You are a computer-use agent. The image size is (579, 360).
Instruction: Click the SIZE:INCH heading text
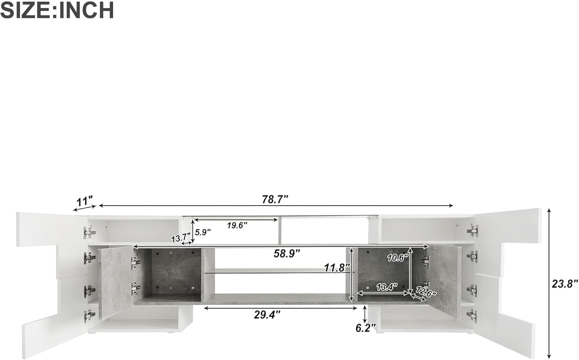(57, 10)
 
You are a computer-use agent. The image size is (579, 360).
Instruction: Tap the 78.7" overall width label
(275, 199)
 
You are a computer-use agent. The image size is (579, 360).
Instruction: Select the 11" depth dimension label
(84, 201)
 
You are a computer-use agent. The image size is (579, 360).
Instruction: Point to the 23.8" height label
(564, 284)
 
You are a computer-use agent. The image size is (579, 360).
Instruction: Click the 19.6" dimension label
(237, 226)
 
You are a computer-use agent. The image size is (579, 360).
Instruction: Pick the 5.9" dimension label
(203, 232)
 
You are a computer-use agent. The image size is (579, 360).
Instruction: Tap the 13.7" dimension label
(181, 238)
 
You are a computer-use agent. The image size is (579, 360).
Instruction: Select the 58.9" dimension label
(287, 254)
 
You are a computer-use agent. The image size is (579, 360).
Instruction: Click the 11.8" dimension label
(337, 268)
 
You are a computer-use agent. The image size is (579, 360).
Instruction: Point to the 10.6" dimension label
(398, 258)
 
